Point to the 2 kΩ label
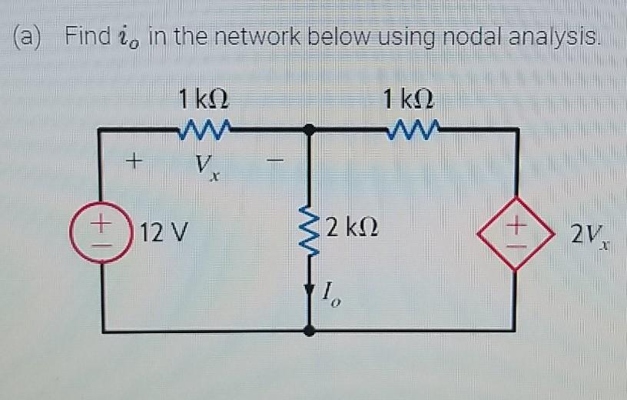point(350,228)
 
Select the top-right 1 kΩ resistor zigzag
point(413,132)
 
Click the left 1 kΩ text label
point(202,99)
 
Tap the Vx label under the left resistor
point(204,165)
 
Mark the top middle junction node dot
point(310,131)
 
